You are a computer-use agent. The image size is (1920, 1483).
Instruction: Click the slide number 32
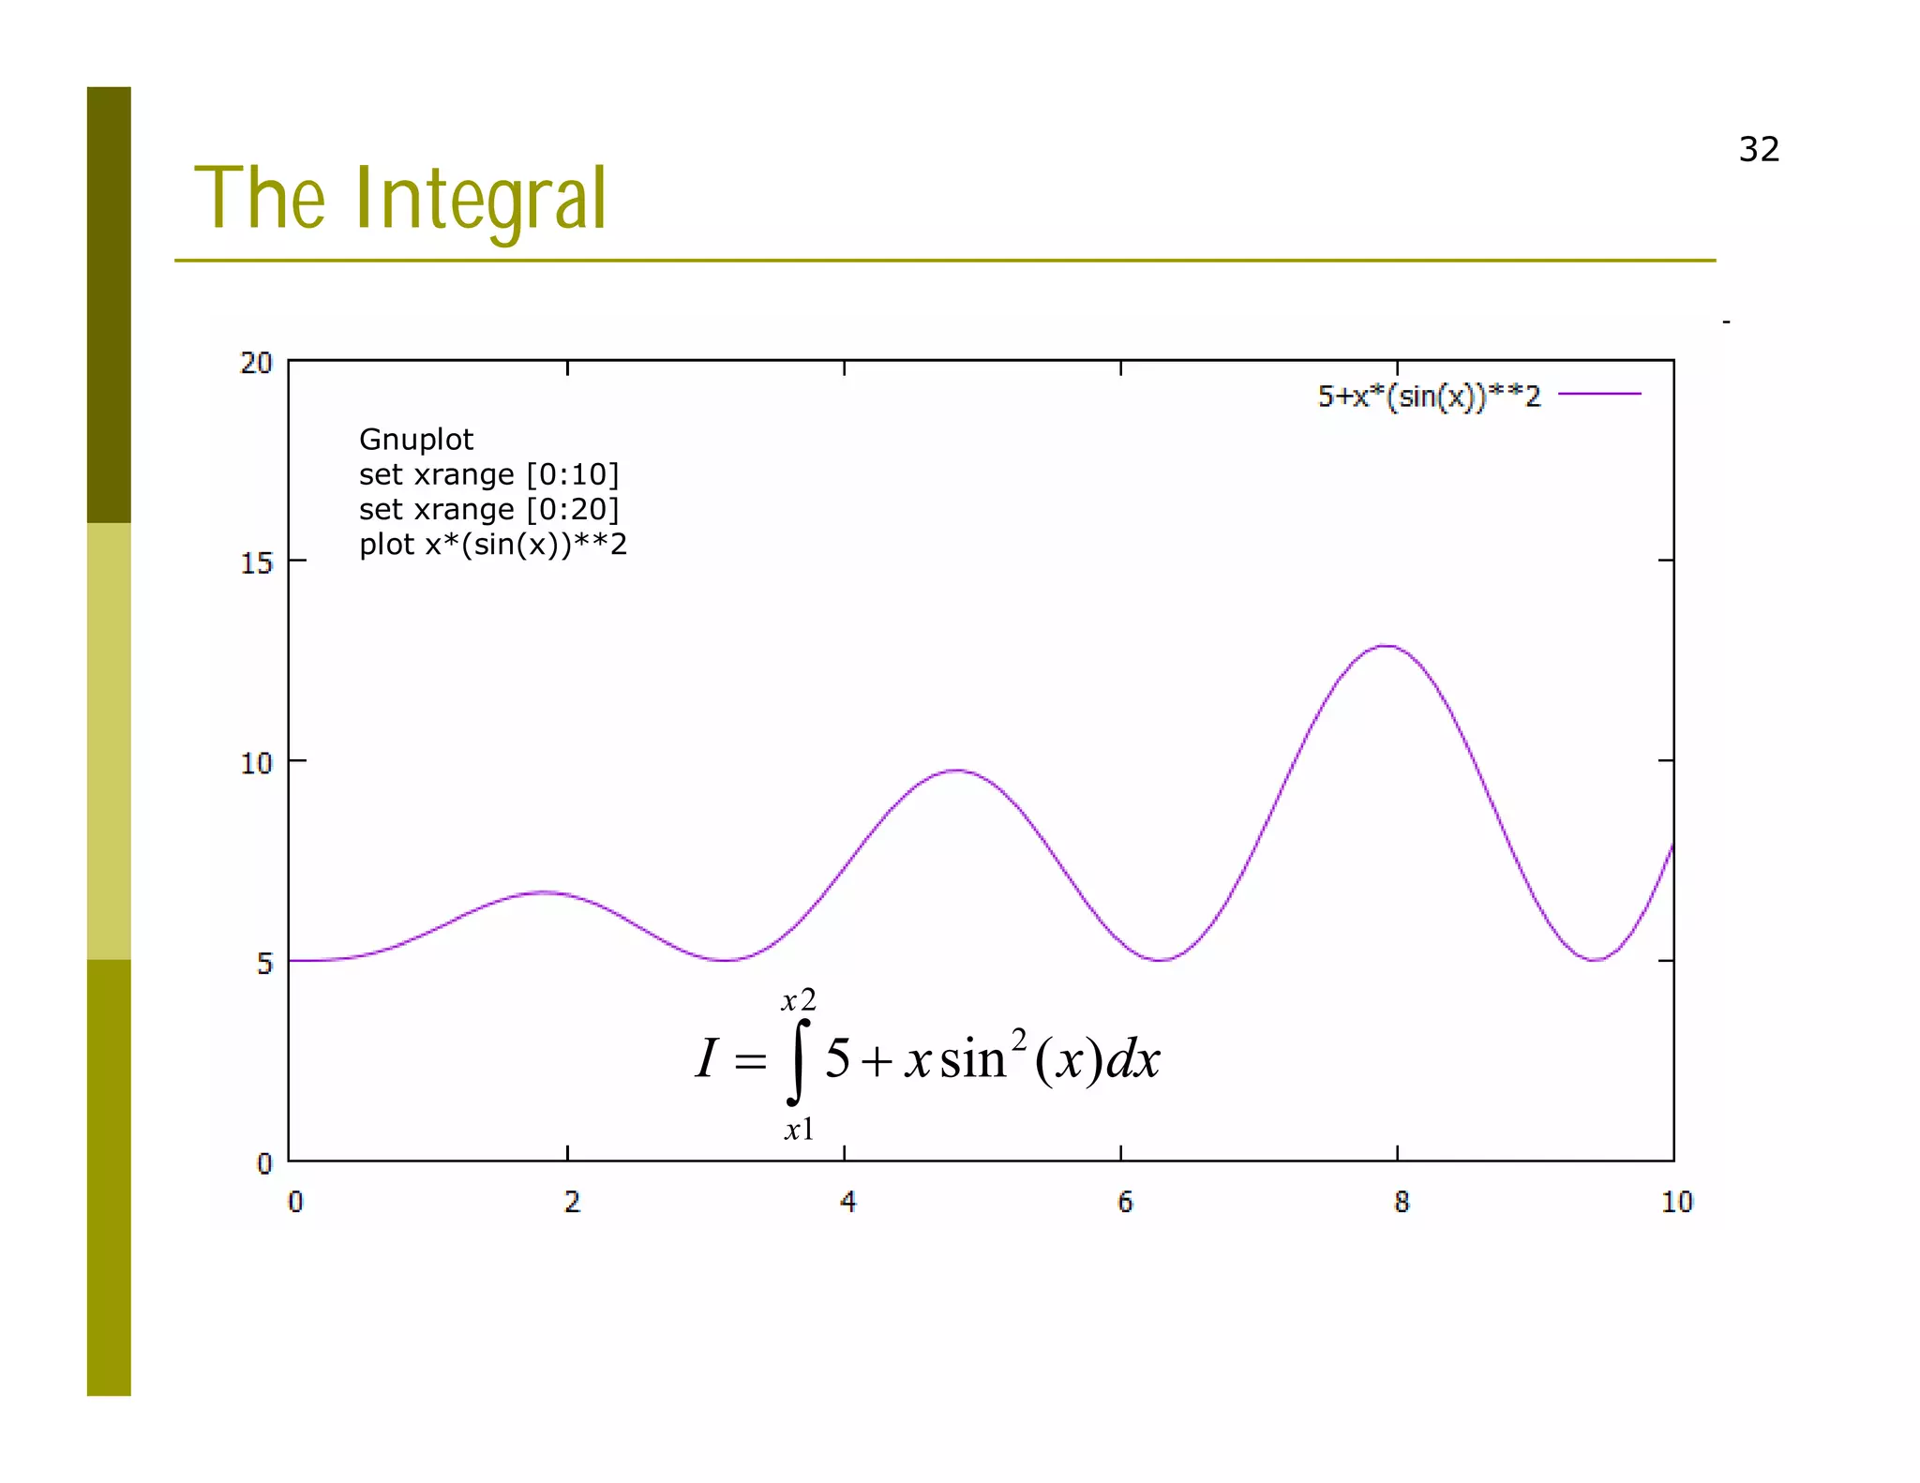coord(1758,150)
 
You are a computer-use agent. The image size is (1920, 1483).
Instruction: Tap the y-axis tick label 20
coord(256,363)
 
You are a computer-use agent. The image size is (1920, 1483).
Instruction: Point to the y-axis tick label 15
coord(256,563)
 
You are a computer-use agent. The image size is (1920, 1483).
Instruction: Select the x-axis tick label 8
coord(1401,1202)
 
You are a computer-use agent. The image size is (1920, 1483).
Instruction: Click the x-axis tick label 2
coord(572,1202)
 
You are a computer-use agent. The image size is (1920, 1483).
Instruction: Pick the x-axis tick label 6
coord(1125,1202)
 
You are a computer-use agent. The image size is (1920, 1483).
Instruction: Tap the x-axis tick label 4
coord(847,1202)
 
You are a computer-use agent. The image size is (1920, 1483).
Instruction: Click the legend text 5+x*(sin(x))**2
coord(1429,397)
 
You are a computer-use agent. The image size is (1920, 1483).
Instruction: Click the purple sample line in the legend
coord(1599,395)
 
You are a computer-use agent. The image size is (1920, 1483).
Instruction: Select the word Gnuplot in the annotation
coord(416,440)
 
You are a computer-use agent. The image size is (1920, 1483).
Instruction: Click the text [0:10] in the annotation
coord(572,475)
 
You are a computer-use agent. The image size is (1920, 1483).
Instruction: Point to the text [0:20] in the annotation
coord(572,510)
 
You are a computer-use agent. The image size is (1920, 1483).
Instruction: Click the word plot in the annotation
coord(386,545)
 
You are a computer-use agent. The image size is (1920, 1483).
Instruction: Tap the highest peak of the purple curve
coord(1386,646)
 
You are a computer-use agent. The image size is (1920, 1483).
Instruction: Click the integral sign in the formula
coord(797,1062)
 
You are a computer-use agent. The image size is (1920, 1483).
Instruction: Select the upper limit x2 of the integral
coord(799,1000)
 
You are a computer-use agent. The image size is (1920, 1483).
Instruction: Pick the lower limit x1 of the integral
coord(799,1130)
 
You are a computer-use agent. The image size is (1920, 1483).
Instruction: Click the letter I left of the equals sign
coord(707,1059)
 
